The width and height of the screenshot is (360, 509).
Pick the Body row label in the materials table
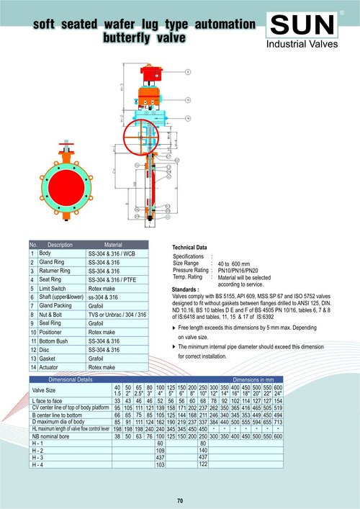(45, 253)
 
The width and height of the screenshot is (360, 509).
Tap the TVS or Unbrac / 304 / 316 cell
(117, 315)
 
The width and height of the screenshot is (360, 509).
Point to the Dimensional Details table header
(70, 379)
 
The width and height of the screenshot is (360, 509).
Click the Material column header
(117, 245)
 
